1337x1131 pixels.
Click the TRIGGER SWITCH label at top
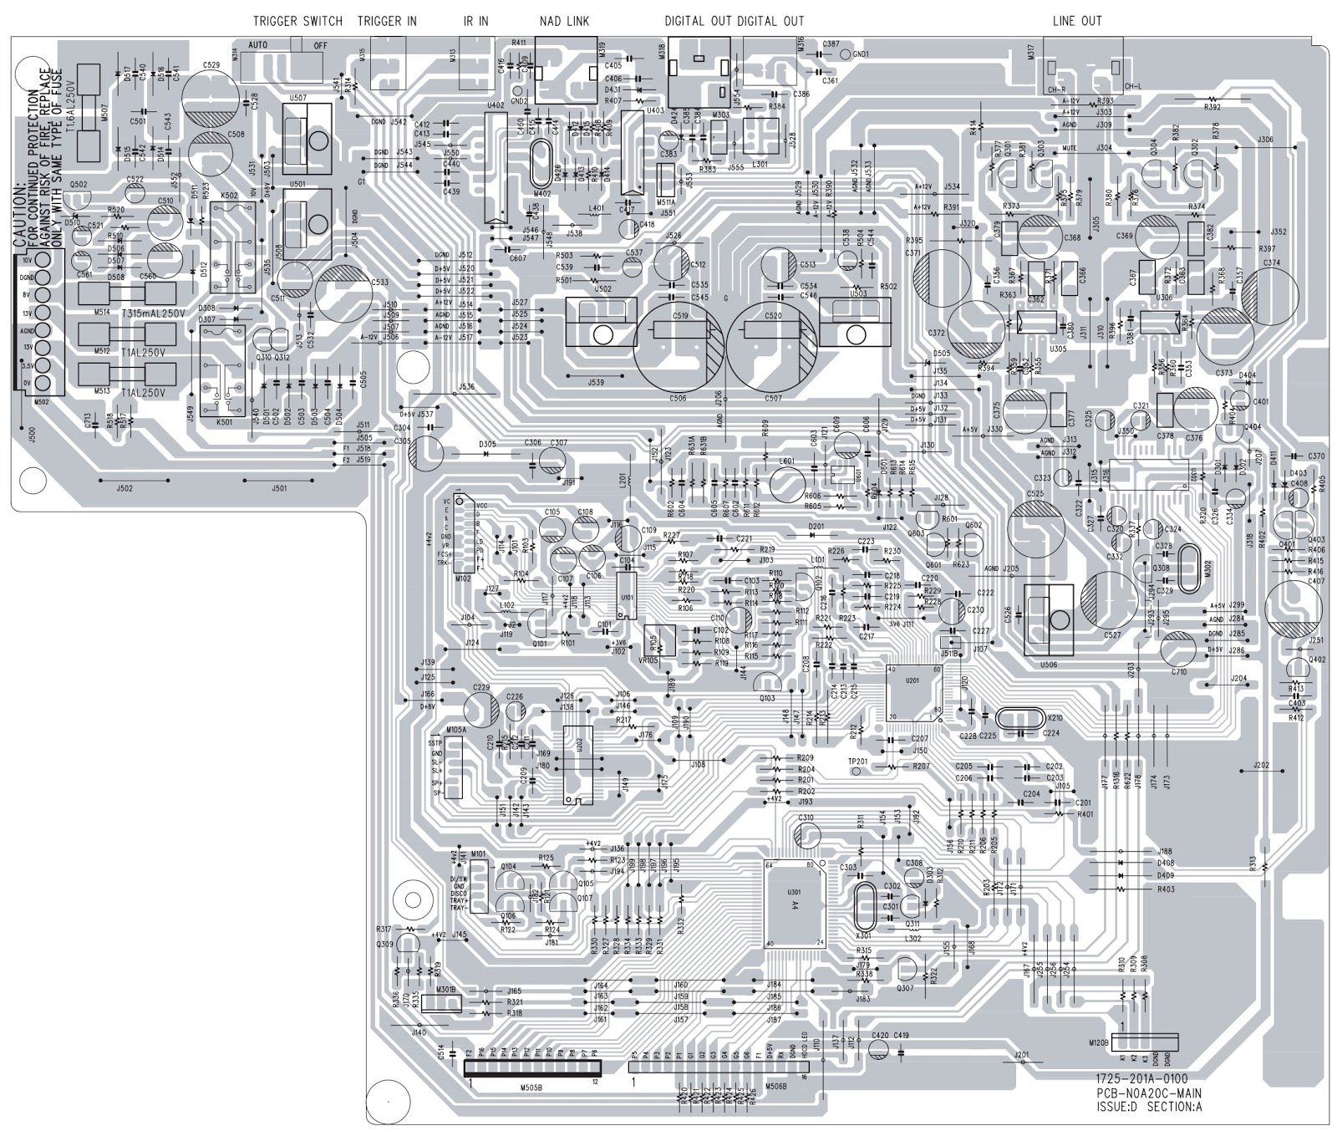coord(297,21)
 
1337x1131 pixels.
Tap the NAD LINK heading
coord(564,21)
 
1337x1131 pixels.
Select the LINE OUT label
coord(1077,21)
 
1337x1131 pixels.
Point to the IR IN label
coord(475,21)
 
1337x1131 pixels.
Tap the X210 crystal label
coord(1055,716)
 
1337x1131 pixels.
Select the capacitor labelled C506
coord(678,399)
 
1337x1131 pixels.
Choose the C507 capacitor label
coord(773,399)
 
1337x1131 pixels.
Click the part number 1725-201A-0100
coord(1142,1079)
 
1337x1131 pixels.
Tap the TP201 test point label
coord(857,761)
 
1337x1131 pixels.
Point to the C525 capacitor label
coord(1035,494)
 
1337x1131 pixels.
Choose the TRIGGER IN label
coord(387,21)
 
